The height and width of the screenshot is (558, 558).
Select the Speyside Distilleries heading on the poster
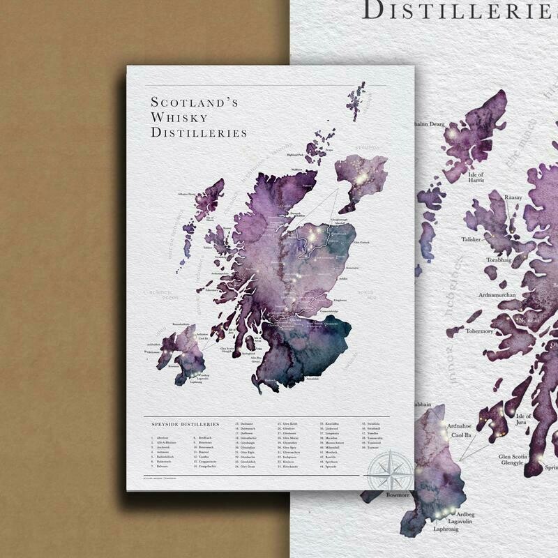coord(186,423)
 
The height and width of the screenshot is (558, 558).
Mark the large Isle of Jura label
coord(523,421)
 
